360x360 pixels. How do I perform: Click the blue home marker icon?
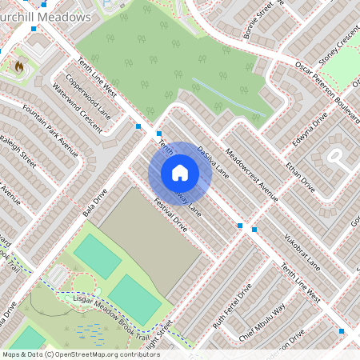click(x=180, y=173)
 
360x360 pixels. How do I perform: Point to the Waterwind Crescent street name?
click(x=78, y=108)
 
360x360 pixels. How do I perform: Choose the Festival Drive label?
click(x=169, y=215)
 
